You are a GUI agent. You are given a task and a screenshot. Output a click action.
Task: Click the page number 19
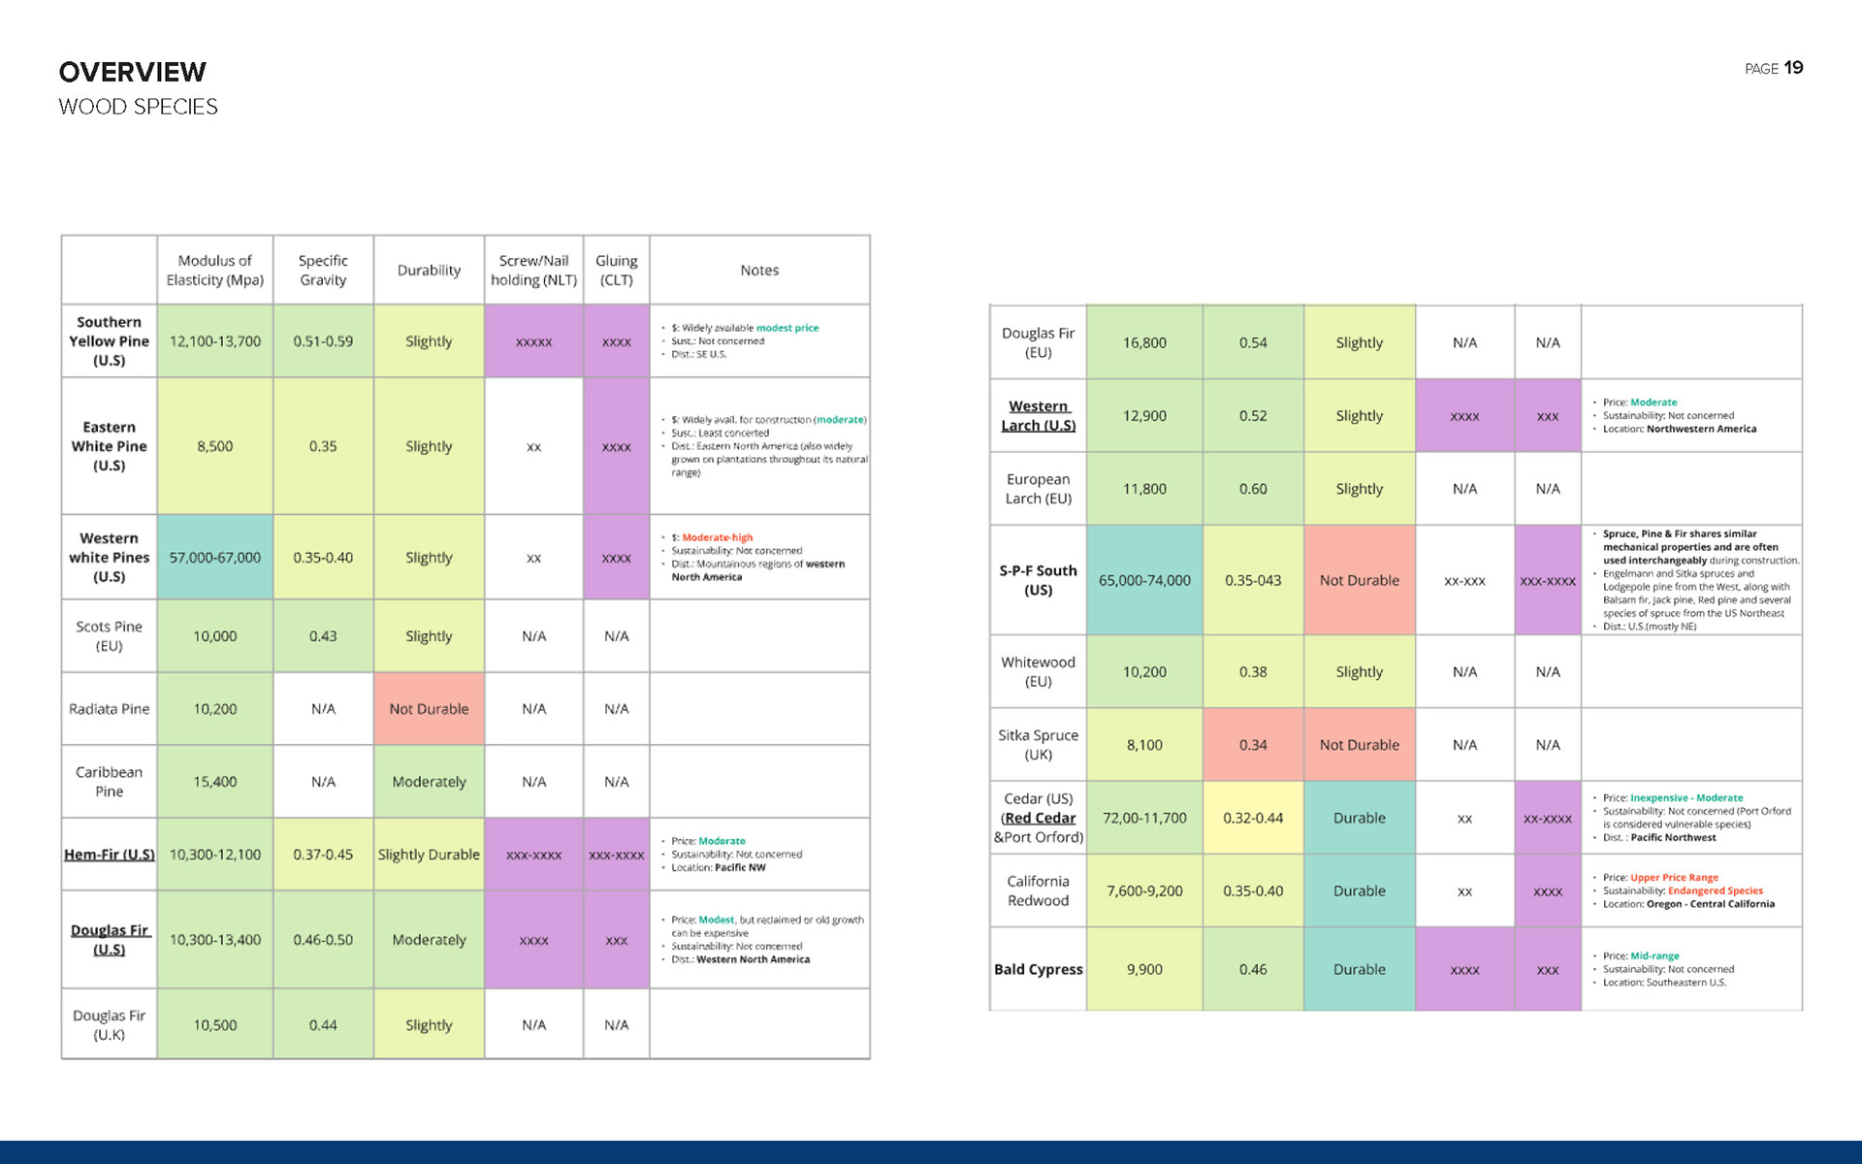(1793, 68)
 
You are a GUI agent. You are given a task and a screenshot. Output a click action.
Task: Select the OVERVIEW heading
(133, 72)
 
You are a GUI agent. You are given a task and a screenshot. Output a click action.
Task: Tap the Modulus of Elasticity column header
(214, 270)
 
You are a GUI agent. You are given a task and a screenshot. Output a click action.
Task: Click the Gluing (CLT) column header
(616, 270)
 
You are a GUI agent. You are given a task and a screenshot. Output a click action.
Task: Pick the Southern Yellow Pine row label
(109, 341)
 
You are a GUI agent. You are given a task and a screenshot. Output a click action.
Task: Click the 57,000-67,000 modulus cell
(214, 558)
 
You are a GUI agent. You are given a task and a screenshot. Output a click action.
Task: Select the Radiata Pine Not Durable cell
(429, 709)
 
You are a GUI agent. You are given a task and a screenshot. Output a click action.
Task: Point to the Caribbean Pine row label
(109, 782)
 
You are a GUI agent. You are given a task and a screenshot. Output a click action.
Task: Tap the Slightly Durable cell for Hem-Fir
(429, 855)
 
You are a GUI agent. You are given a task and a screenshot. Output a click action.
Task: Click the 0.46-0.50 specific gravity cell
(323, 940)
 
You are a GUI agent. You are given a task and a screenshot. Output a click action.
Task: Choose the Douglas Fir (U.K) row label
(109, 1025)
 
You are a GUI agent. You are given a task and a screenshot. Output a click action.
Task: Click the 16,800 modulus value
(1144, 342)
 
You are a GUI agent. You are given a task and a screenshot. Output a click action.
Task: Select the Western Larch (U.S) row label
(1038, 416)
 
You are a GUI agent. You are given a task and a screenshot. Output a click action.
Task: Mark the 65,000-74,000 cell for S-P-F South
(1144, 580)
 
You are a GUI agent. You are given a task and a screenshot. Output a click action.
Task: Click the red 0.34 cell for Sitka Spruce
(1253, 745)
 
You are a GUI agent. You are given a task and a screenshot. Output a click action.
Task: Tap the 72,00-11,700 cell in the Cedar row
(1144, 818)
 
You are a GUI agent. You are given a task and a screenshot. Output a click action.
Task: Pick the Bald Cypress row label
(1038, 969)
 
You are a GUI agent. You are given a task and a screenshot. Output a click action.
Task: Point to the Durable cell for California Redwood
(1359, 890)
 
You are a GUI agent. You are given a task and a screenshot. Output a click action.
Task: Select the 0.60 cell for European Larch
(1253, 489)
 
